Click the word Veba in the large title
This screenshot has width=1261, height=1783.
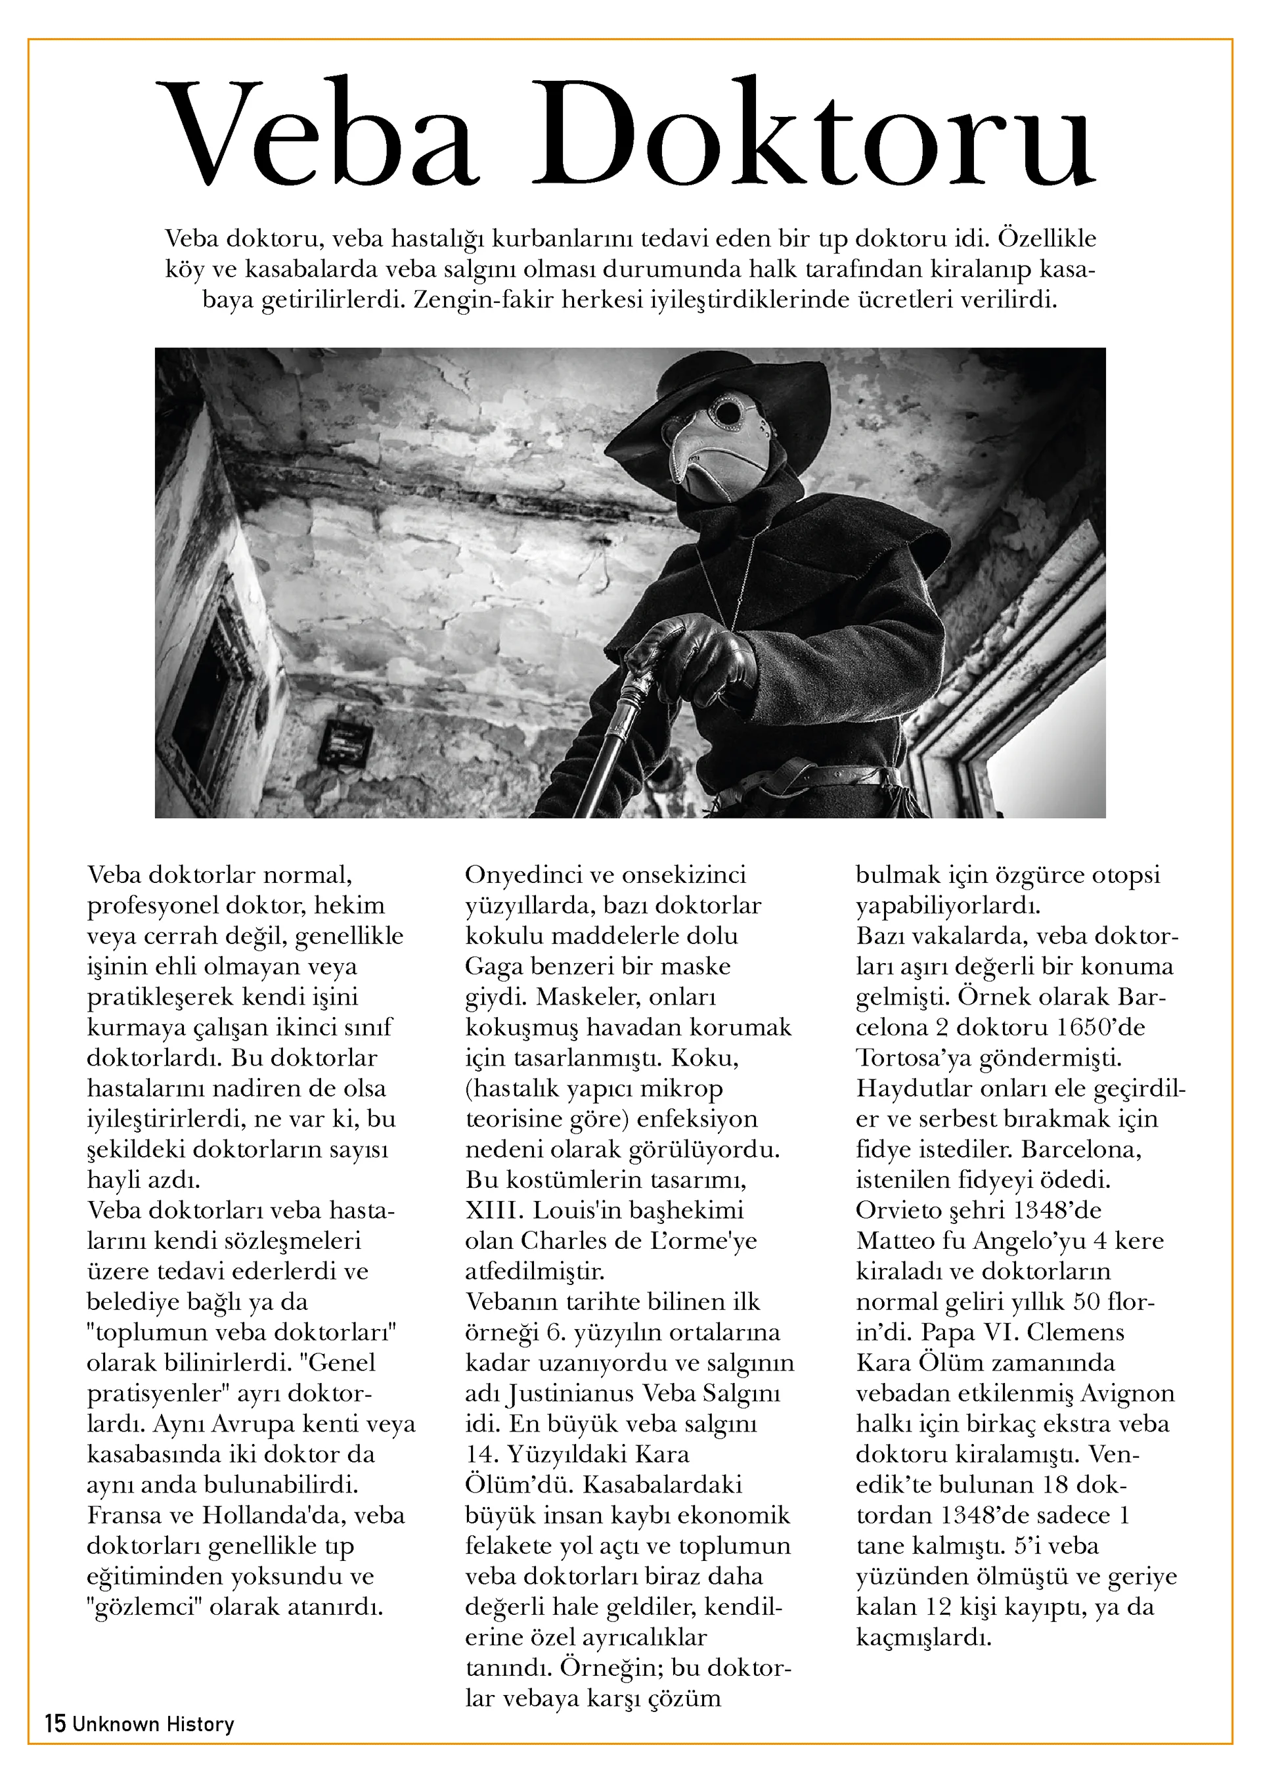318,132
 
